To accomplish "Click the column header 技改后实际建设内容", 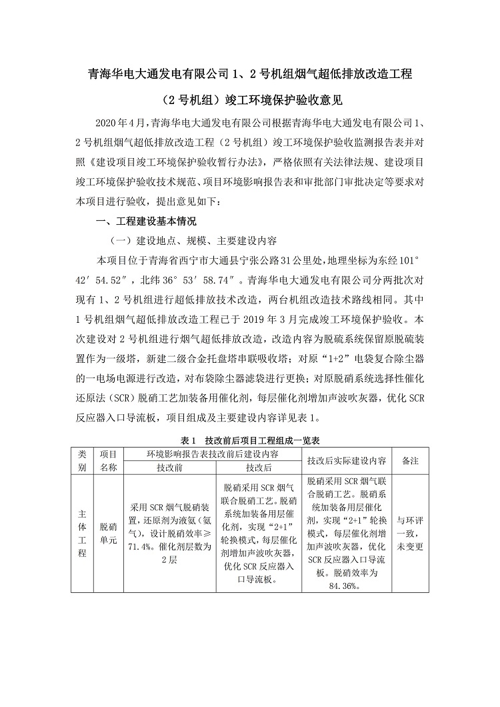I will coord(347,460).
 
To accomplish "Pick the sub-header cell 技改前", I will coord(169,468).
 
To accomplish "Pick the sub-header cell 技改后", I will coord(258,468).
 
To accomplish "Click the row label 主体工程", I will coord(81,534).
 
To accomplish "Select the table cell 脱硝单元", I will coord(108,534).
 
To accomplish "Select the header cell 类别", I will coord(81,460).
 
